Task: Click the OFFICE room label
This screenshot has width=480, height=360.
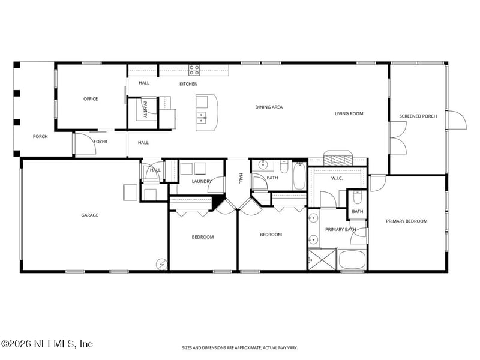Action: [x=91, y=99]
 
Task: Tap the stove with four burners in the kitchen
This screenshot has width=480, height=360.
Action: [x=194, y=70]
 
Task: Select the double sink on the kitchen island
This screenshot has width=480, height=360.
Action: [x=201, y=118]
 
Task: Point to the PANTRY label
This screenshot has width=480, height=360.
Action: [x=145, y=109]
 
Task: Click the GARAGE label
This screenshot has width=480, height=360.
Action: [x=89, y=215]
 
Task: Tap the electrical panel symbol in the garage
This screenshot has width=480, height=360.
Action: [x=161, y=264]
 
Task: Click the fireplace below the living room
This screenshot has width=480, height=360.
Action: [x=338, y=158]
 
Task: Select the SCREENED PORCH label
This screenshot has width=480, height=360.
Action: [x=418, y=116]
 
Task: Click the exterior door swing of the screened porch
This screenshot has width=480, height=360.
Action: [x=457, y=120]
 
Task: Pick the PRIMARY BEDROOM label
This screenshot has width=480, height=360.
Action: [x=407, y=221]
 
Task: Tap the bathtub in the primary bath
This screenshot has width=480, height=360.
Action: [x=352, y=260]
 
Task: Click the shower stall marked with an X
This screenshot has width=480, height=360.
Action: [x=322, y=260]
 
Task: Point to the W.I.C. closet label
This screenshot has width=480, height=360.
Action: [x=337, y=178]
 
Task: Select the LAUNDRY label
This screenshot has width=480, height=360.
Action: [x=202, y=181]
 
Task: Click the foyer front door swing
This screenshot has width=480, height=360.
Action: [x=86, y=143]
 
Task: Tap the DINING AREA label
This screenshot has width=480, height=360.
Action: [x=269, y=107]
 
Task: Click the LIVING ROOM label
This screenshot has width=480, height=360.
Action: [x=349, y=113]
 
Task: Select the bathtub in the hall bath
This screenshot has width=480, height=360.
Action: [x=299, y=176]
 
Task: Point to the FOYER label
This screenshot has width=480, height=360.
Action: [x=100, y=142]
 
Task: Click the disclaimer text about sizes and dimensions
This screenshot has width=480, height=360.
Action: [x=239, y=348]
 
